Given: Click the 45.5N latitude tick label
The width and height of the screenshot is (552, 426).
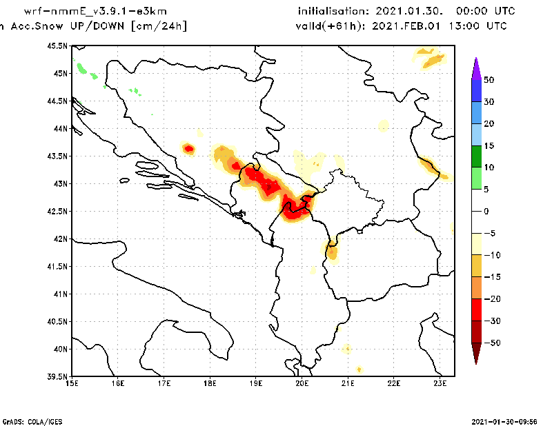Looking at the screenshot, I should tap(58, 45).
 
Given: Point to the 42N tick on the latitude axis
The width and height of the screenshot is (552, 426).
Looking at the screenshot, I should tap(60, 239).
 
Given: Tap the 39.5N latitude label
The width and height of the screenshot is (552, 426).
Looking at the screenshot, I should tap(58, 376).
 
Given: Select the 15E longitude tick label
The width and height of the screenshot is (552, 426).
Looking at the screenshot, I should tap(72, 383).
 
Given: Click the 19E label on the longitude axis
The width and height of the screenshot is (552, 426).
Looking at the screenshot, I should tap(256, 383).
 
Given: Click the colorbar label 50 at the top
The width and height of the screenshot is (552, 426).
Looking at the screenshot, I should tap(489, 80).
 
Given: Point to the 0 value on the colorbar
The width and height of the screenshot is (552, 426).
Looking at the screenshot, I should tap(486, 212).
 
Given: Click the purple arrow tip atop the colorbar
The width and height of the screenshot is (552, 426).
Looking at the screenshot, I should tap(476, 63).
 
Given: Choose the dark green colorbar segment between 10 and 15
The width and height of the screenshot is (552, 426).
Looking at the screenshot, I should tap(476, 156).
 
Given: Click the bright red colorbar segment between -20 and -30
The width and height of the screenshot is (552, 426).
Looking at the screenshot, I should tap(476, 310).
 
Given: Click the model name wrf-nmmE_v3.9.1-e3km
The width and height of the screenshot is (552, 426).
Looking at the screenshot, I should tap(95, 12).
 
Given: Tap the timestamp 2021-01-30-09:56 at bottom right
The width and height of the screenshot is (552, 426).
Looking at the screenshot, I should tap(509, 420).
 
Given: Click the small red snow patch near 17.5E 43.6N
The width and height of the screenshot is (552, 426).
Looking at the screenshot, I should tap(188, 148).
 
